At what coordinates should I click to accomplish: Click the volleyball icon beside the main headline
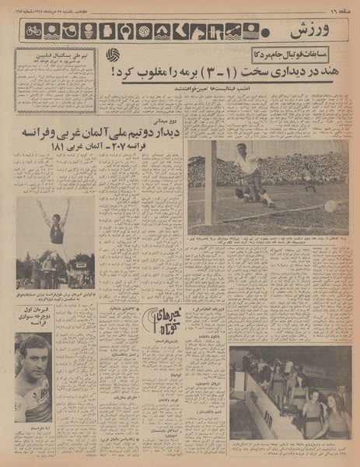(x=114, y=54)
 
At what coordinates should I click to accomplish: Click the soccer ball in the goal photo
(x=331, y=206)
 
